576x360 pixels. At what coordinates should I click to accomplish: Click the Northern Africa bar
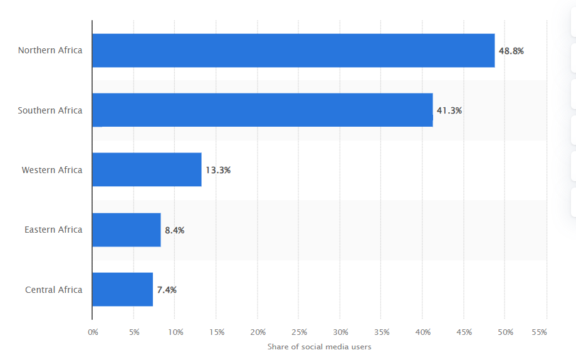pyautogui.click(x=293, y=51)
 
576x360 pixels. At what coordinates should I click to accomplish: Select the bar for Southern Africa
pyautogui.click(x=262, y=110)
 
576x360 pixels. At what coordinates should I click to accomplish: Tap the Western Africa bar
pyautogui.click(x=147, y=170)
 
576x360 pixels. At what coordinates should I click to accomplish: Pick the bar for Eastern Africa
pyautogui.click(x=126, y=230)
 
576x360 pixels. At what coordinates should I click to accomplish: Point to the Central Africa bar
pyautogui.click(x=122, y=290)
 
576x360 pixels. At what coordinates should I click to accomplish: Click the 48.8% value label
pyautogui.click(x=511, y=51)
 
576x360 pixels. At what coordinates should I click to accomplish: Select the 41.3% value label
pyautogui.click(x=449, y=110)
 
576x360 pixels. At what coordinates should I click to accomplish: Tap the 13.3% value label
pyautogui.click(x=218, y=170)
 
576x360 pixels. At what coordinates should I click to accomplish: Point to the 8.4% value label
pyautogui.click(x=175, y=230)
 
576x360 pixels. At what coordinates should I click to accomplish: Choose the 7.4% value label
pyautogui.click(x=167, y=290)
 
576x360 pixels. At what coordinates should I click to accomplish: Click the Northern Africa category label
pyautogui.click(x=50, y=50)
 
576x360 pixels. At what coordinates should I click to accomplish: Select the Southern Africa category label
pyautogui.click(x=50, y=110)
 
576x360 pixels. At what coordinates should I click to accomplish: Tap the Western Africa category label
pyautogui.click(x=52, y=170)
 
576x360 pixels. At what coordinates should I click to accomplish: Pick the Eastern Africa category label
pyautogui.click(x=53, y=230)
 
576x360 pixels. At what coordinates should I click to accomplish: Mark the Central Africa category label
pyautogui.click(x=54, y=290)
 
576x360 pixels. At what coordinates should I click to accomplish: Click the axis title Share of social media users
pyautogui.click(x=319, y=347)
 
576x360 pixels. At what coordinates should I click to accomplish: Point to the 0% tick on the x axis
pyautogui.click(x=93, y=332)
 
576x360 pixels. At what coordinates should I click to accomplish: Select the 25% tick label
pyautogui.click(x=299, y=332)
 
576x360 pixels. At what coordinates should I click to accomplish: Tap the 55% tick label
pyautogui.click(x=539, y=332)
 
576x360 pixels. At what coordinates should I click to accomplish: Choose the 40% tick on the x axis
pyautogui.click(x=422, y=332)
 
